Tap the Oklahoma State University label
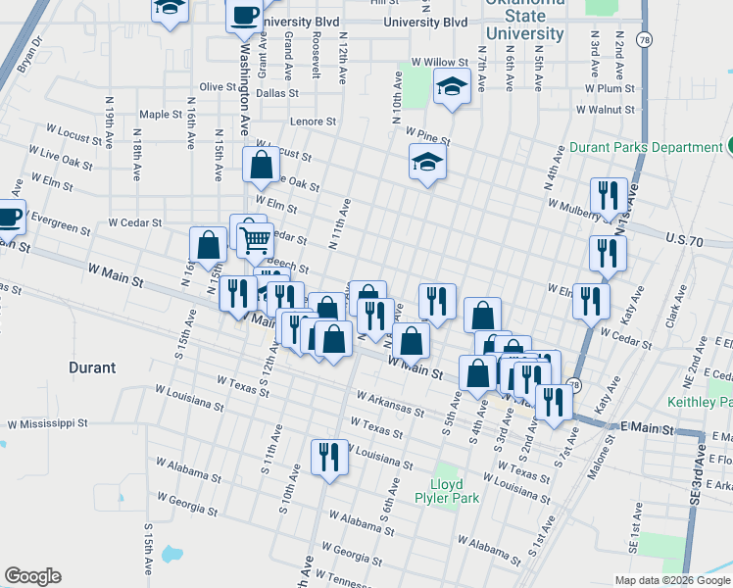click(x=525, y=19)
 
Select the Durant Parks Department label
click(x=646, y=147)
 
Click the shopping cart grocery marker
click(x=255, y=238)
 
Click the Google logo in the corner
click(x=32, y=576)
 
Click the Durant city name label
click(x=92, y=368)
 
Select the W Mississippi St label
click(x=48, y=425)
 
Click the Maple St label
click(x=161, y=115)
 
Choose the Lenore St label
click(x=313, y=122)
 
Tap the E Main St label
click(x=648, y=429)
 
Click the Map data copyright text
click(x=672, y=580)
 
